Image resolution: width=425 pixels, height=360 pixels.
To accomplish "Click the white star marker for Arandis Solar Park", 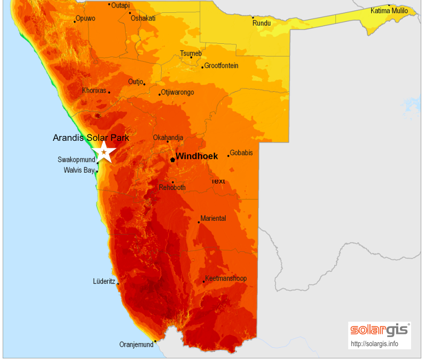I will (104, 152).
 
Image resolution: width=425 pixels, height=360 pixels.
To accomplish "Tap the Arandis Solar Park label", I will (91, 138).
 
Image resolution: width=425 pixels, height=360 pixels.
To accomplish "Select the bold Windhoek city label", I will (196, 156).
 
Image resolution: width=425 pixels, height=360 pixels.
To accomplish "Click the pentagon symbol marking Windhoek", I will (172, 159).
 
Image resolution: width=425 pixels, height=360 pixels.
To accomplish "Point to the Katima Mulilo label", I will (389, 11).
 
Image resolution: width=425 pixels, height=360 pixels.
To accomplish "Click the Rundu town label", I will (262, 23).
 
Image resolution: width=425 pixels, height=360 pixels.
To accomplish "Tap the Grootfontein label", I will (221, 66).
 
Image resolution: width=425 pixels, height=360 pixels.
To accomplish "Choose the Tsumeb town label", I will (191, 53).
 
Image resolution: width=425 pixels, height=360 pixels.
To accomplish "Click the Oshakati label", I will (143, 18).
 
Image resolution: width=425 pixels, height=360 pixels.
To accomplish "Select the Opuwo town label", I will (85, 18).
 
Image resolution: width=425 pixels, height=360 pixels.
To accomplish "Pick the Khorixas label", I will (94, 90).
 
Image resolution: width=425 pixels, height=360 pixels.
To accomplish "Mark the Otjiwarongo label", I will (177, 92).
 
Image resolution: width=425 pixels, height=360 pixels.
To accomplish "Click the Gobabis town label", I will (241, 153).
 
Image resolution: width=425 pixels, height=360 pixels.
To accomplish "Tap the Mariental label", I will (213, 219).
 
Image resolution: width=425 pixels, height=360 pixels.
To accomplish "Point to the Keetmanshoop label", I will (226, 278).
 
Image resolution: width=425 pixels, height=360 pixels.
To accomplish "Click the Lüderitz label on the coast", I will (104, 281).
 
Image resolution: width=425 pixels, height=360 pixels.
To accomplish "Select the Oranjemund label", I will (136, 345).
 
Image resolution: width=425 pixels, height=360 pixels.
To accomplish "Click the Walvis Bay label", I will (78, 170).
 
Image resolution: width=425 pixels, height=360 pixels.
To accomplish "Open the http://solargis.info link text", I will (374, 343).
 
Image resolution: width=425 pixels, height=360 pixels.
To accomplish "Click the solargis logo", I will (380, 330).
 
